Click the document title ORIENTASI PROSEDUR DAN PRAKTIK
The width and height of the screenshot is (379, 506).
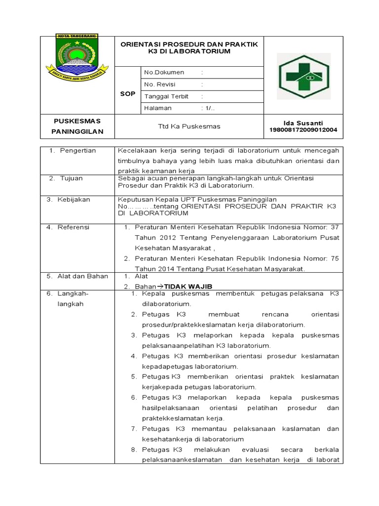(189, 44)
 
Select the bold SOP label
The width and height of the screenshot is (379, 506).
(127, 94)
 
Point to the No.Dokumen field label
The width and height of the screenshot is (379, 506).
(164, 73)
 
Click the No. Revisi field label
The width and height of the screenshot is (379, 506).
(160, 84)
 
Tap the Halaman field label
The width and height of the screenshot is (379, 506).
(158, 108)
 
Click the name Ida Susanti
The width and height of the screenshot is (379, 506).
(303, 123)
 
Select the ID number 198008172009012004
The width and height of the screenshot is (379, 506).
(303, 130)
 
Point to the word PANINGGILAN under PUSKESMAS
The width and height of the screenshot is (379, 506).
(77, 131)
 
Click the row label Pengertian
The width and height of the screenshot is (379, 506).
(78, 150)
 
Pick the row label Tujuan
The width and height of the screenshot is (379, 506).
(72, 178)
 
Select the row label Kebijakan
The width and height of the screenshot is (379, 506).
(75, 200)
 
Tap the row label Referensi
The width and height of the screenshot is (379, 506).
(74, 227)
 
